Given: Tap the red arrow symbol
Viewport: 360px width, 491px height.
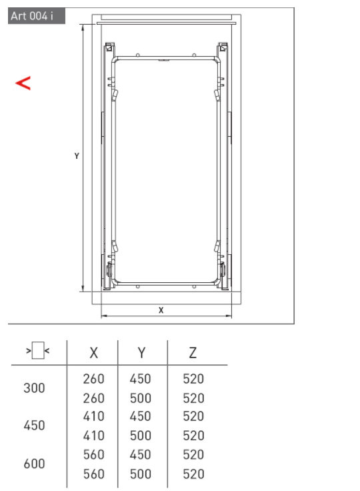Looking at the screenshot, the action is (x=23, y=83).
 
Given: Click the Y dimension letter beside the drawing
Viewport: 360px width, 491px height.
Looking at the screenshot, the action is (x=77, y=155).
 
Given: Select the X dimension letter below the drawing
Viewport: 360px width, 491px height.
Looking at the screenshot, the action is (x=161, y=310).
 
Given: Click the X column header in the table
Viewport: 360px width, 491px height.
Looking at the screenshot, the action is (x=93, y=353).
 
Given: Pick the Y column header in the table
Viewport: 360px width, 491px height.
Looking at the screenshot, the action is (x=141, y=353).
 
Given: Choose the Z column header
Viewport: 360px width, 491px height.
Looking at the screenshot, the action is (x=193, y=353).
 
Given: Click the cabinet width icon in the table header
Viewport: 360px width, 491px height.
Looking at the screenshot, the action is (x=38, y=351).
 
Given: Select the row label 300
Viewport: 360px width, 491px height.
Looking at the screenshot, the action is (x=34, y=388).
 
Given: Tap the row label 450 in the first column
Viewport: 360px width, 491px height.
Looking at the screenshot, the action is (x=34, y=426).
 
